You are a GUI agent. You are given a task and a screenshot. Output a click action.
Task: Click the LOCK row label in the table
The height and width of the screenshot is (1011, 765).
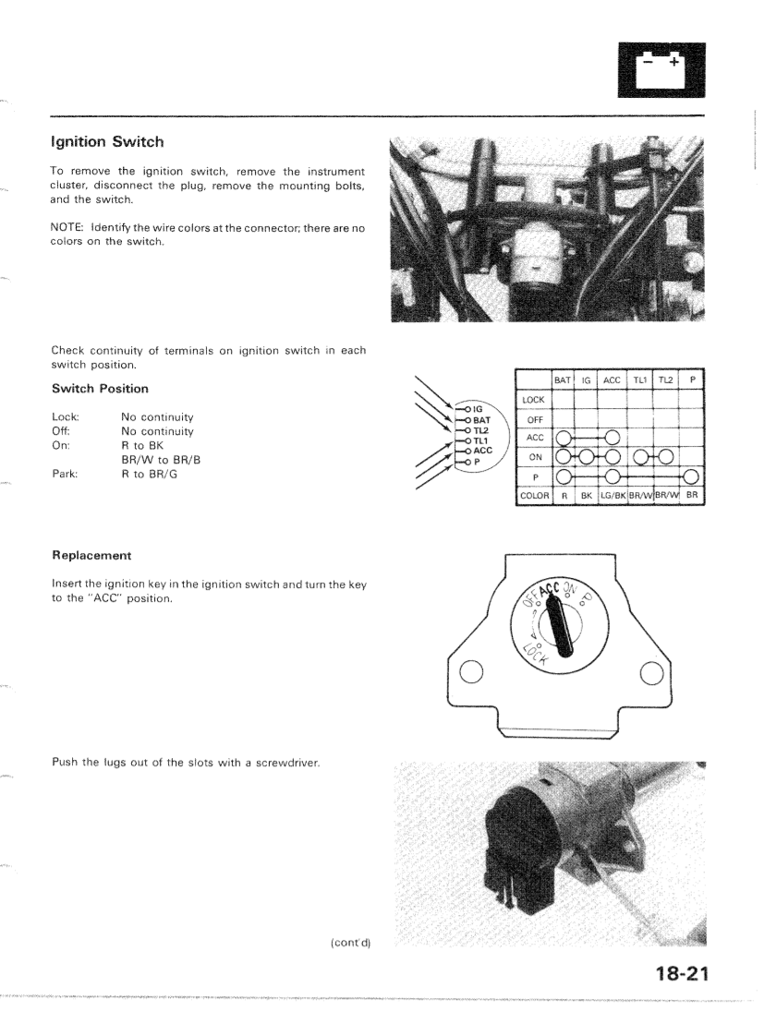click(534, 399)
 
